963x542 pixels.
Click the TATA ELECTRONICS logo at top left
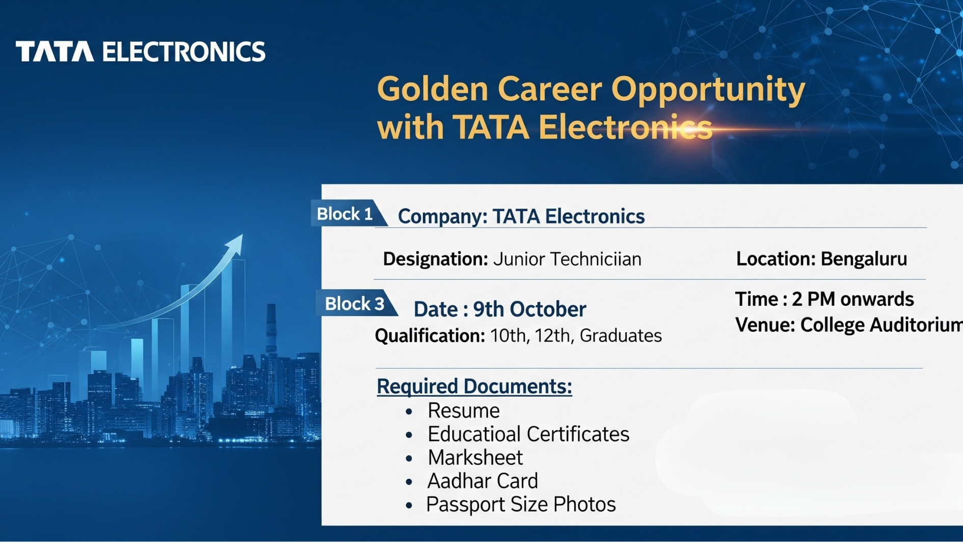[x=141, y=51]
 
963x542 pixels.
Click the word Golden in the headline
[x=433, y=89]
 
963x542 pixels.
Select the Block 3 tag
[x=356, y=303]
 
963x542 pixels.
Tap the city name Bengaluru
[x=864, y=259]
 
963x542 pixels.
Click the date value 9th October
[x=530, y=309]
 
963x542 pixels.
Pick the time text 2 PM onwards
[x=853, y=299]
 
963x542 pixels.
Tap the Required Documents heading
[x=474, y=386]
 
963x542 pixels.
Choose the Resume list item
[x=464, y=410]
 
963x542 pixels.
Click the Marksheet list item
[x=475, y=457]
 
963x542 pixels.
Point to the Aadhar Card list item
[x=483, y=481]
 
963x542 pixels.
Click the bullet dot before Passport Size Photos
[x=409, y=505]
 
